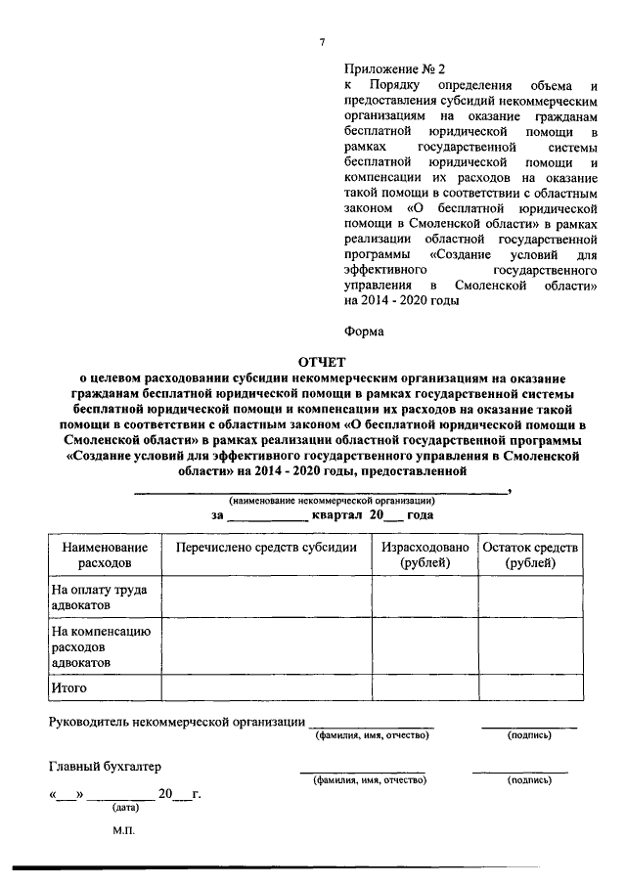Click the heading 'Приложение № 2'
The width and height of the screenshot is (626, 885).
[x=394, y=69]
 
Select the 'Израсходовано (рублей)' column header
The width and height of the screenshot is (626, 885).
[x=425, y=554]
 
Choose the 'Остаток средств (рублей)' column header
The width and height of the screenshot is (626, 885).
[x=531, y=554]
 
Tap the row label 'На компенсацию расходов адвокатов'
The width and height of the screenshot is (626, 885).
[x=99, y=646]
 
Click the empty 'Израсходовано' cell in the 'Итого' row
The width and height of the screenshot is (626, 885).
[x=425, y=688]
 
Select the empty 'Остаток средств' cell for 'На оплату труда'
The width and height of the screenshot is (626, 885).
[x=531, y=597]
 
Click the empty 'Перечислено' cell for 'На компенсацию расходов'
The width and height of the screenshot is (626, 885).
[x=266, y=646]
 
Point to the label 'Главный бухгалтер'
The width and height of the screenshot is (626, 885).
[x=105, y=766]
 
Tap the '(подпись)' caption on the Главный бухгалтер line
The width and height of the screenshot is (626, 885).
[x=529, y=780]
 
